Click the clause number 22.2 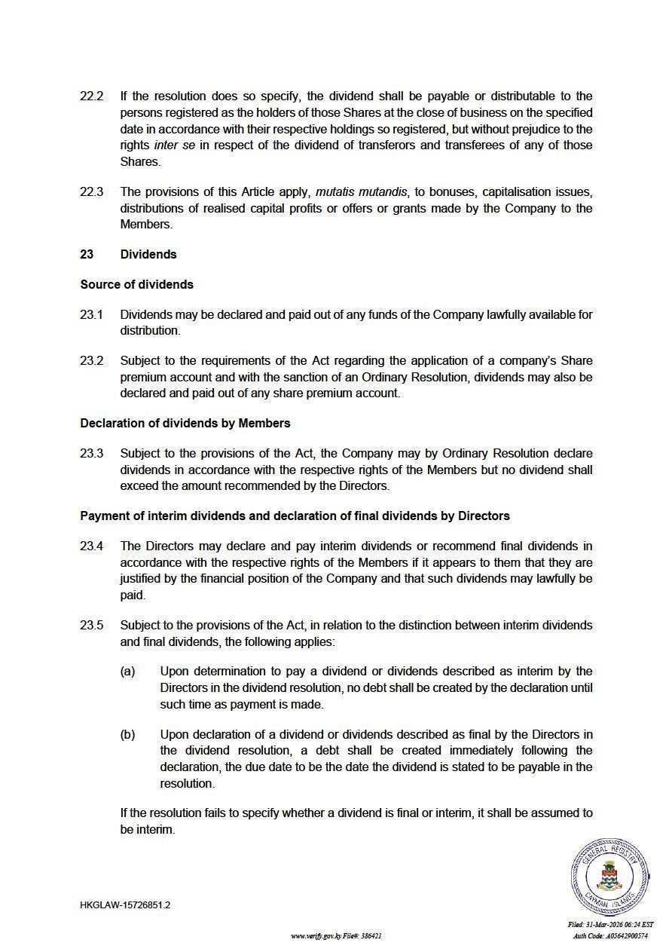click(91, 96)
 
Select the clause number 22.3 click(91, 191)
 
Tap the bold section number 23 click(87, 254)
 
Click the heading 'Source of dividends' click(136, 284)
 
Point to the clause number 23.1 click(91, 314)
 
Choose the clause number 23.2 click(91, 360)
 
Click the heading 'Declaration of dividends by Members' click(185, 423)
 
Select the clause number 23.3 click(91, 454)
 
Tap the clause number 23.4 click(91, 546)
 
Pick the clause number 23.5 click(91, 626)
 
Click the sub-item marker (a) click(127, 672)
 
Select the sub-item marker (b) click(127, 734)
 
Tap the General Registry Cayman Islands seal click(609, 876)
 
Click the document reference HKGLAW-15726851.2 click(125, 905)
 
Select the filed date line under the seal click(610, 925)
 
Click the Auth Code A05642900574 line click(610, 936)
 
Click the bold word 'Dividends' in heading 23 click(148, 254)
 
